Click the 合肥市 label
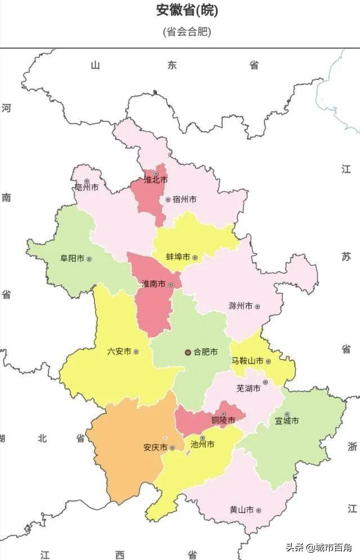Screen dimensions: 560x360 [x=205, y=353]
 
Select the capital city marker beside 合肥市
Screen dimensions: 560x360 [x=188, y=353]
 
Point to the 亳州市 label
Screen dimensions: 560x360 [x=87, y=187]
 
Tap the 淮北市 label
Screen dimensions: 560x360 [x=155, y=180]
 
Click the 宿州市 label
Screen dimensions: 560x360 [x=184, y=200]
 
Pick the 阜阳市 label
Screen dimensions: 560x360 [x=72, y=259]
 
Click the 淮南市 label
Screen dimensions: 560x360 [x=153, y=284]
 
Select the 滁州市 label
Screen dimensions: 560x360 [x=240, y=306]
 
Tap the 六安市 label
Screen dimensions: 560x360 [x=119, y=351]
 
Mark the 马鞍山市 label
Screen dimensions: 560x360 [x=247, y=361]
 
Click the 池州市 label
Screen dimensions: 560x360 [x=202, y=444]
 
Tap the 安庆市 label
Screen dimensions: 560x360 [x=155, y=448]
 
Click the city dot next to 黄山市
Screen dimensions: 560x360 [x=258, y=511]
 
